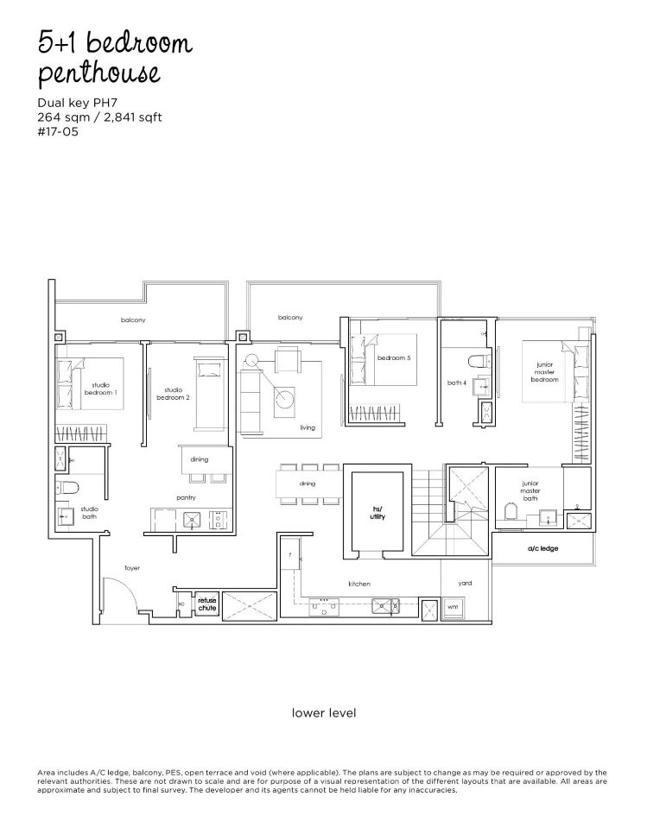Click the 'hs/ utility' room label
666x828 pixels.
pos(377,513)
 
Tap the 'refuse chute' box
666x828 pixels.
pos(207,604)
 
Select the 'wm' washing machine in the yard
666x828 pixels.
pos(453,607)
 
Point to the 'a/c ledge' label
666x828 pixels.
pos(542,548)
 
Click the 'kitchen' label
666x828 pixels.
pos(359,584)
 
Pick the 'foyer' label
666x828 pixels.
pos(132,568)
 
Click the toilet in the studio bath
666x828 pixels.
pos(67,487)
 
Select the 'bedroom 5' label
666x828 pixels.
pos(394,357)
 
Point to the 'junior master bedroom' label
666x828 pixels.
pos(544,372)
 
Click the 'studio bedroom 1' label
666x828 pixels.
pos(100,389)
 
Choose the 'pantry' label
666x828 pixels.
pos(186,497)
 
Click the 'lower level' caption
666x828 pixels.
pos(324,713)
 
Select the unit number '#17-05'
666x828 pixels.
pos(58,131)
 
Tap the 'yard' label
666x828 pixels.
pos(465,583)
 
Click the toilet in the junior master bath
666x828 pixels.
pos(511,510)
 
